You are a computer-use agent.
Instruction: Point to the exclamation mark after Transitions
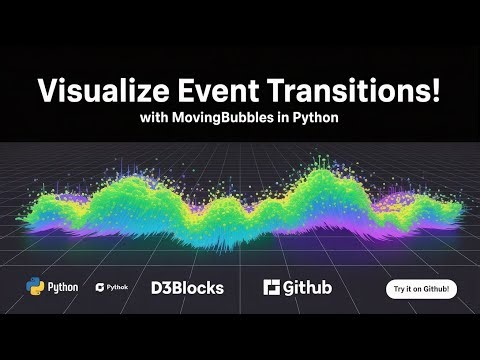click(436, 91)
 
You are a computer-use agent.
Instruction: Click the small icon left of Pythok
click(99, 288)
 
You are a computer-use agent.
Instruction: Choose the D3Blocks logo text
click(187, 288)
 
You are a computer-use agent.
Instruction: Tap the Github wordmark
click(307, 288)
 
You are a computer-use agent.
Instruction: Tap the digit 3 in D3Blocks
click(167, 288)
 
